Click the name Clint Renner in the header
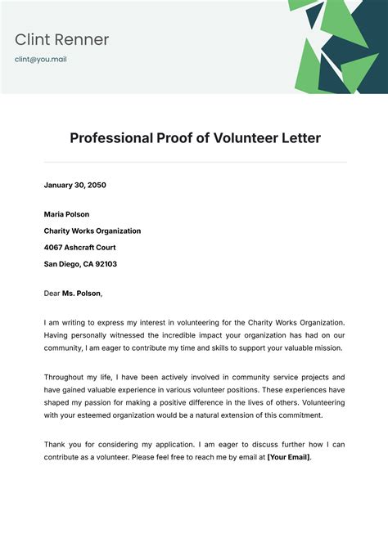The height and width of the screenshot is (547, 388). click(x=61, y=39)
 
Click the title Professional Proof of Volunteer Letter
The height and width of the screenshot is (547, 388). click(x=195, y=137)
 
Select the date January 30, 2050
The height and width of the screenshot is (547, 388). click(x=75, y=185)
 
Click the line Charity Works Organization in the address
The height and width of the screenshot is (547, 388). click(x=92, y=231)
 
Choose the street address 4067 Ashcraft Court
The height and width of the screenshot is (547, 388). click(x=80, y=247)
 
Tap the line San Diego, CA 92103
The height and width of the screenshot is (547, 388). click(x=80, y=264)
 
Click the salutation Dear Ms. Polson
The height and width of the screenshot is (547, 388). click(x=74, y=293)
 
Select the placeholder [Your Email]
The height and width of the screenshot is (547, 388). click(x=288, y=457)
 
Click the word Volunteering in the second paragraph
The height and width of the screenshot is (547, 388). click(x=323, y=402)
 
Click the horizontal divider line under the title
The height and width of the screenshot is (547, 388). click(x=195, y=162)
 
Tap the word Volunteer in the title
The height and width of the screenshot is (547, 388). click(x=246, y=137)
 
